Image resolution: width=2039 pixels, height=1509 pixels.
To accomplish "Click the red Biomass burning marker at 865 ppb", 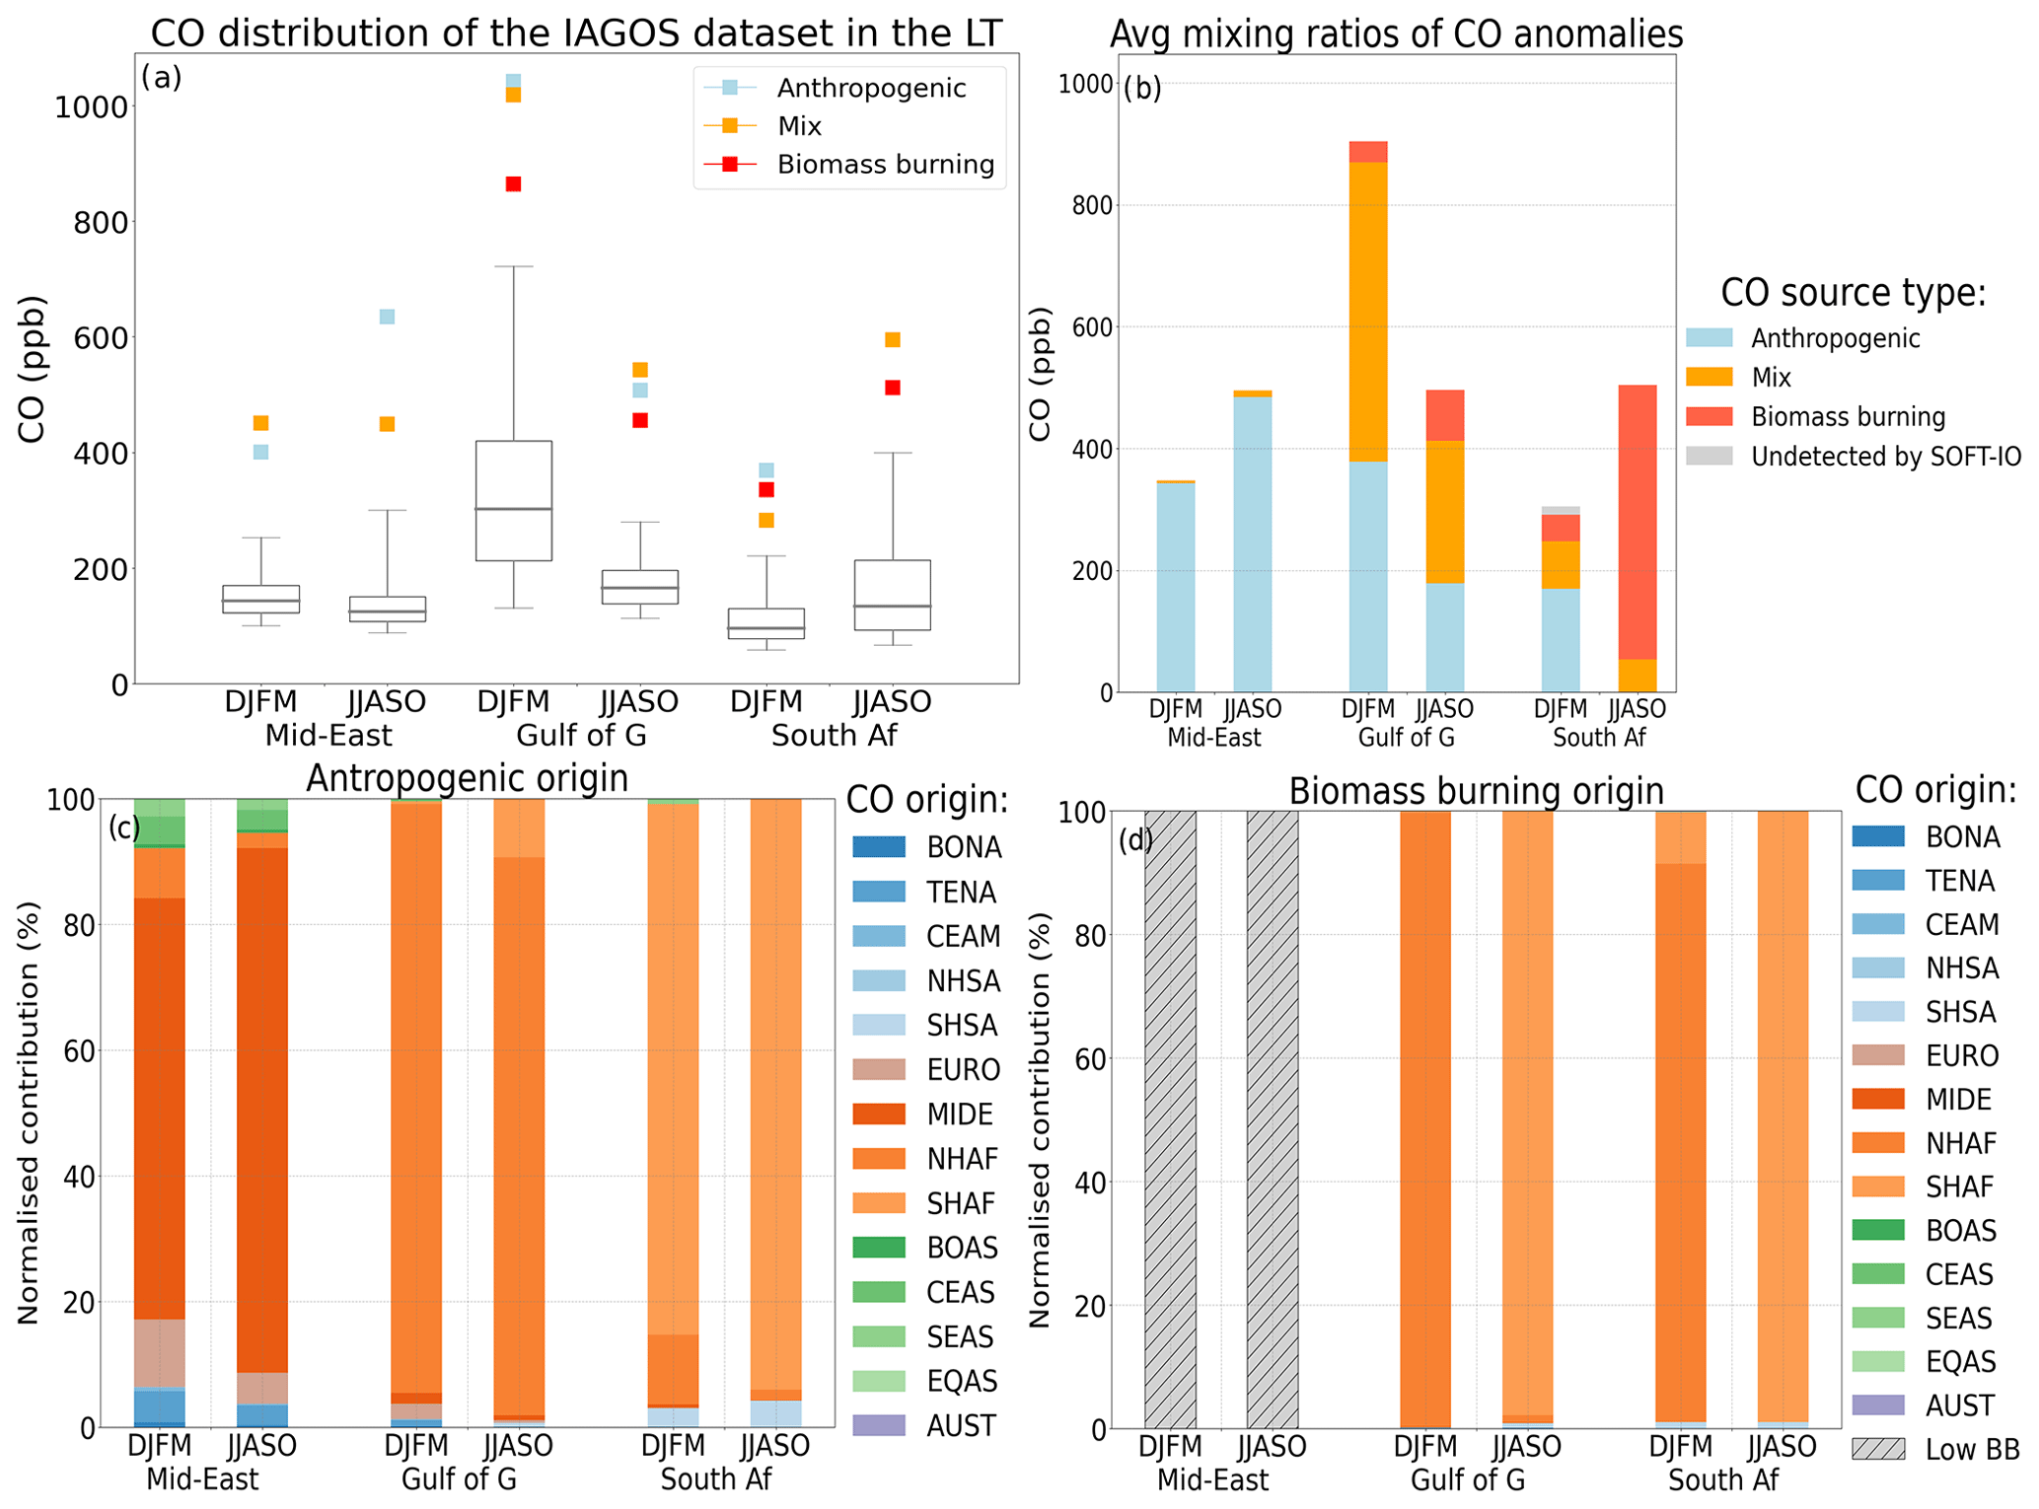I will click(x=513, y=184).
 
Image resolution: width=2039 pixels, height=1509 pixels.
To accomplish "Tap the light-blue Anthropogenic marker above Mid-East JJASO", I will click(x=388, y=317).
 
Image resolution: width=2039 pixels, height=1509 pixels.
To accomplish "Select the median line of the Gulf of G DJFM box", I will click(x=513, y=509).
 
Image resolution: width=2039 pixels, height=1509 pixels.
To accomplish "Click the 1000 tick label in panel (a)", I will click(x=91, y=108).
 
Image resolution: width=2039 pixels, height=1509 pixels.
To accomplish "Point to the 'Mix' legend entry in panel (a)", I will click(x=799, y=126).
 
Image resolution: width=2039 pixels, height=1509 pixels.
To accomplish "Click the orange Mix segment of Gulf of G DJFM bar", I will click(x=1368, y=312).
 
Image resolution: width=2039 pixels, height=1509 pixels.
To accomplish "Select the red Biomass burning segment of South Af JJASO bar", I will click(x=1638, y=522).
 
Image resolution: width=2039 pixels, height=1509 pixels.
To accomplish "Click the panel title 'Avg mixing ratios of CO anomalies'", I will click(x=1396, y=35).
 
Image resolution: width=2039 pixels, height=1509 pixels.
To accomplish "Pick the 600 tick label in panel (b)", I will click(x=1085, y=327).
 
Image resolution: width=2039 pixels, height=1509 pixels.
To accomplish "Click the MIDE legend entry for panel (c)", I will click(x=959, y=1114).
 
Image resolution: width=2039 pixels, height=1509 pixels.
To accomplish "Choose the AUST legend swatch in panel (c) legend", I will click(x=879, y=1425).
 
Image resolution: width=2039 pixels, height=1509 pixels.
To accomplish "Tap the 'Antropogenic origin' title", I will click(x=467, y=778).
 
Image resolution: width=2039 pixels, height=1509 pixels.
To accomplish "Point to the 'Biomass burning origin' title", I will click(x=1476, y=791).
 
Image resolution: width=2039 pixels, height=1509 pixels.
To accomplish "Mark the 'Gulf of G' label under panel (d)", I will click(x=1468, y=1480).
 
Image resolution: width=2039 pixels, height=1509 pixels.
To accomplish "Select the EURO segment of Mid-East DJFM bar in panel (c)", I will click(x=160, y=1352).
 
